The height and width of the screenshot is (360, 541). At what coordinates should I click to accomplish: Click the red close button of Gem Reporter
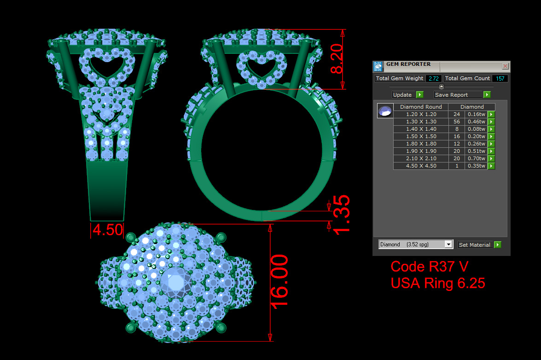(505, 66)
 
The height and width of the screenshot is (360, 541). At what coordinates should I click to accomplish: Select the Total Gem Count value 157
(500, 78)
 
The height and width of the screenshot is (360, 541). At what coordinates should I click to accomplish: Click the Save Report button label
(458, 95)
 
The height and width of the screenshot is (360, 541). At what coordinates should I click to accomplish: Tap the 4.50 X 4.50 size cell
(421, 166)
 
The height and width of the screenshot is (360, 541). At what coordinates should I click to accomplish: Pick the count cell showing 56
(457, 122)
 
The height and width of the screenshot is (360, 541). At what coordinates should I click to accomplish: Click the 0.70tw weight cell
(476, 158)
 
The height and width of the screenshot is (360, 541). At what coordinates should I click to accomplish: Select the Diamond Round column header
(421, 107)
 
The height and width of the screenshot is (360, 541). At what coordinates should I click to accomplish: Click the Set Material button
(475, 245)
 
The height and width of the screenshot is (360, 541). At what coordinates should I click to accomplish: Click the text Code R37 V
(430, 267)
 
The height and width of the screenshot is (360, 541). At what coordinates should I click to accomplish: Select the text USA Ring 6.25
(438, 283)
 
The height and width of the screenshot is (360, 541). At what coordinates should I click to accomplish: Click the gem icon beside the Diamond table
(385, 111)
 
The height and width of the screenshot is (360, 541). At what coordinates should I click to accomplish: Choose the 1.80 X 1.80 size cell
(421, 144)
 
